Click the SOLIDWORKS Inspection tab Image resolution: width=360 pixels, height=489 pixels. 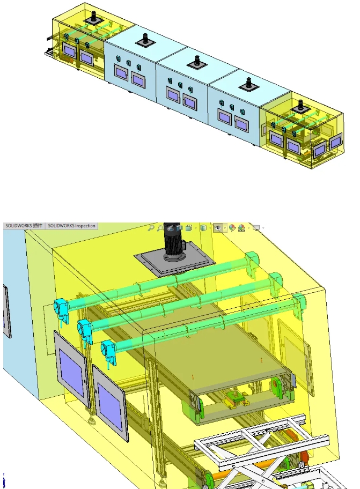pyautogui.click(x=72, y=226)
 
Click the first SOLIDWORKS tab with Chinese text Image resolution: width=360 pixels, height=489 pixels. pyautogui.click(x=24, y=226)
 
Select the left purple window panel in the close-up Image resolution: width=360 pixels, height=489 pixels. pyautogui.click(x=71, y=369)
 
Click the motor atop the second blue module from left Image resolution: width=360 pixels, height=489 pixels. pyautogui.click(x=145, y=40)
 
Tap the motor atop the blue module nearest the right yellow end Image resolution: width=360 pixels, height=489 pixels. pyautogui.click(x=248, y=84)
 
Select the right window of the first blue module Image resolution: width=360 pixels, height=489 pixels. pyautogui.click(x=138, y=81)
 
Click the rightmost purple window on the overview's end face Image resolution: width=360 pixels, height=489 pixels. pyautogui.click(x=336, y=142)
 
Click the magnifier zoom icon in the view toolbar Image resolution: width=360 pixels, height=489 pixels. pyautogui.click(x=152, y=227)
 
